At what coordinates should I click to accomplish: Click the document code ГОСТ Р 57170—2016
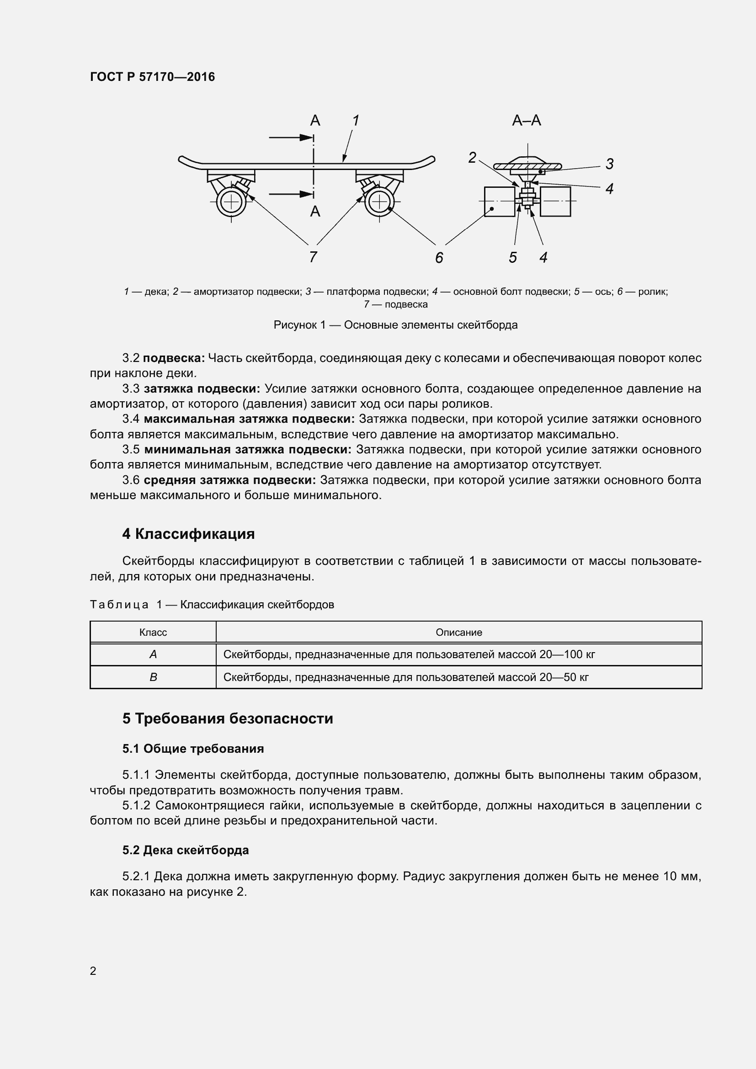(152, 77)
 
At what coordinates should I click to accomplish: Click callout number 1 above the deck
(356, 120)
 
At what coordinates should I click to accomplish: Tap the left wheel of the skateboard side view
(230, 202)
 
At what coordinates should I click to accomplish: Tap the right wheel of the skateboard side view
(379, 202)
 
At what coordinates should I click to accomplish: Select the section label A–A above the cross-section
(527, 121)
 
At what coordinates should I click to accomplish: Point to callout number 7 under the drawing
(313, 256)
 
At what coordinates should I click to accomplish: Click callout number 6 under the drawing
(439, 257)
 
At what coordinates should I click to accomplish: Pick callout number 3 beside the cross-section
(609, 164)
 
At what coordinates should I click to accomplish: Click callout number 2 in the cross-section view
(472, 158)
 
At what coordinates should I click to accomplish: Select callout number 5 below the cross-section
(512, 257)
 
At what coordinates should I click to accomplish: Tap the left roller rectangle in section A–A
(500, 201)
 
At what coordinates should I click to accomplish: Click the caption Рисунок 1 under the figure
(395, 325)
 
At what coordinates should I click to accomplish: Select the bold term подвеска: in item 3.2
(174, 358)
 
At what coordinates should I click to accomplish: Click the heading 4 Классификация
(188, 534)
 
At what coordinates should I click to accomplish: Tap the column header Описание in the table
(458, 632)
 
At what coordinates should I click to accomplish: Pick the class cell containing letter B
(153, 677)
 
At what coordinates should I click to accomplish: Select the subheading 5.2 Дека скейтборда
(185, 850)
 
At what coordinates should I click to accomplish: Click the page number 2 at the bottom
(93, 971)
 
